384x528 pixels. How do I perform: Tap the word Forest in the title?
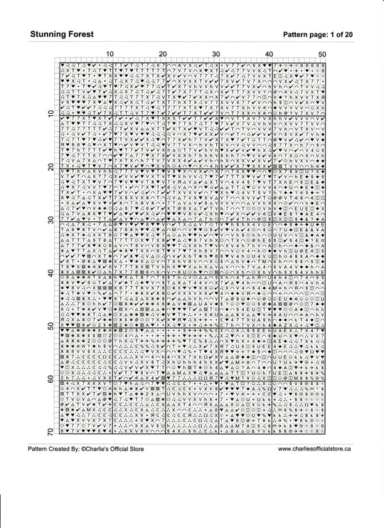pyautogui.click(x=92, y=33)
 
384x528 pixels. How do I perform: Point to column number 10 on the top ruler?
pyautogui.click(x=110, y=55)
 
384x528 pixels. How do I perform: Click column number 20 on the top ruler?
pyautogui.click(x=162, y=55)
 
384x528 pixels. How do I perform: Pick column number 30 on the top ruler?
pyautogui.click(x=215, y=55)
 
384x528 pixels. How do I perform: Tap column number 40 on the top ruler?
pyautogui.click(x=269, y=55)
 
